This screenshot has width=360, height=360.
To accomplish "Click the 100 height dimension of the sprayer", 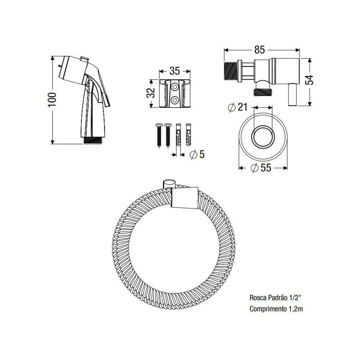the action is coord(53,99).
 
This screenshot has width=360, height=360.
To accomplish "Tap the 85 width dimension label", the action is coord(260,50).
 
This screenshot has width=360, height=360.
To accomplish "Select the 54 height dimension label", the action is coord(310,80).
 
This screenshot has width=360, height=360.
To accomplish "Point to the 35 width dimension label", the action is coord(175,71).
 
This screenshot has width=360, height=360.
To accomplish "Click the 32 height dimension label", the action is coord(151,93).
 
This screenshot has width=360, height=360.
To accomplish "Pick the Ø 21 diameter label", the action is coord(238,107).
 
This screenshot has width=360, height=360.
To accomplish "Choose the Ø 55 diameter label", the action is coord(261,168).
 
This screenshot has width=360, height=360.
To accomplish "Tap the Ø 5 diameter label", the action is coord(197,154).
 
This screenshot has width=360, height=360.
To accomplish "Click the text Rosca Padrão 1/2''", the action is coord(275,297).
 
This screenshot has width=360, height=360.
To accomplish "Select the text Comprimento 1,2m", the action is coord(276,309).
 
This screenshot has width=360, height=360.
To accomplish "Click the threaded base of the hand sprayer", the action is coord(93,140).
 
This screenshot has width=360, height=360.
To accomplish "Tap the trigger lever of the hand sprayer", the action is coord(104,90).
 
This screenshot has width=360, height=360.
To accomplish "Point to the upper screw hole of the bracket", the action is coord(175,87).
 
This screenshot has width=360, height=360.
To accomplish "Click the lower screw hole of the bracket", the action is coord(175,100).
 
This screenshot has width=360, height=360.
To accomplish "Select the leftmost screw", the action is coord(159,135).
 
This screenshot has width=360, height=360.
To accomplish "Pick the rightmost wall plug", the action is coord(189,135).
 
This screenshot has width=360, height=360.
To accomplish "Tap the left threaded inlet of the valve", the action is coord(231,71).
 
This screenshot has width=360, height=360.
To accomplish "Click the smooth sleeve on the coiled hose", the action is coord(185,198).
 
